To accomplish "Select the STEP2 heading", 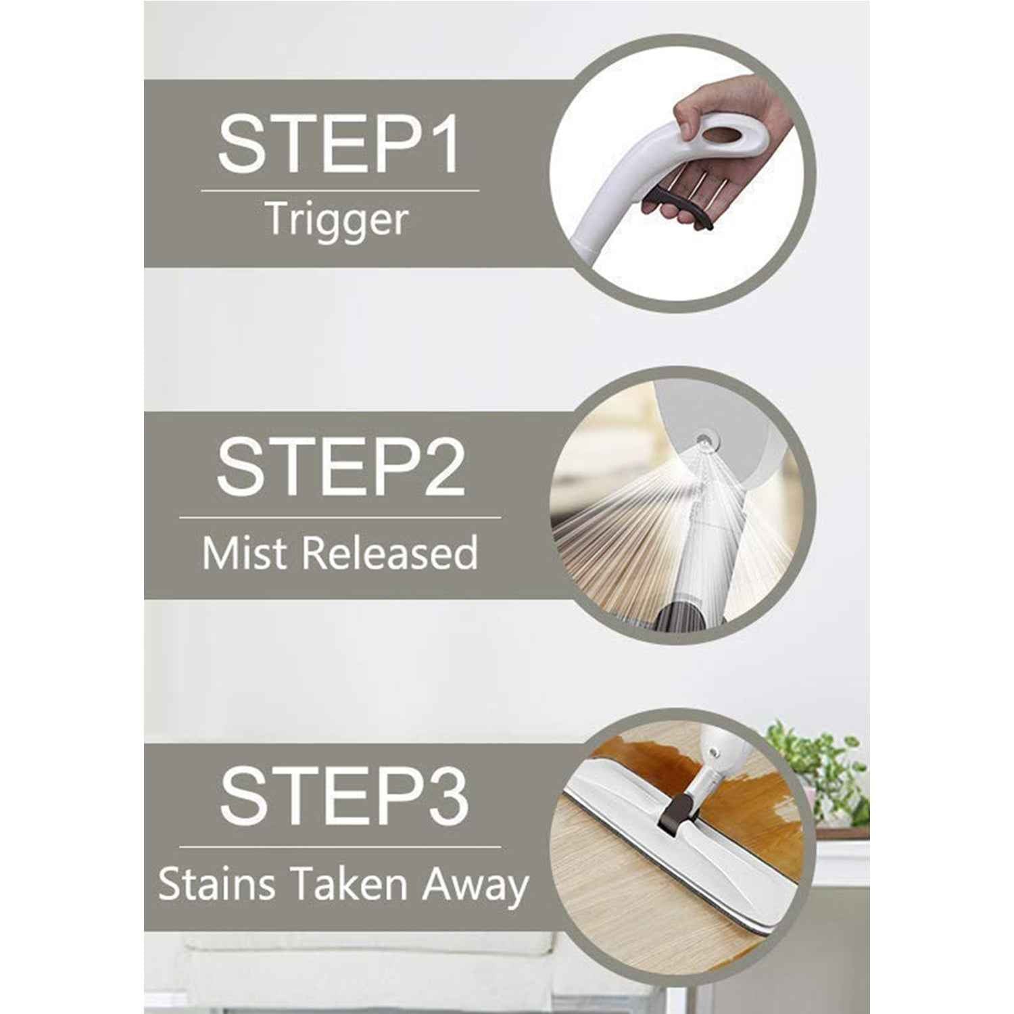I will (x=340, y=466).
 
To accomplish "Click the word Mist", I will (x=246, y=553).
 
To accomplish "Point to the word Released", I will (x=390, y=553).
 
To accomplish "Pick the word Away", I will (x=475, y=886).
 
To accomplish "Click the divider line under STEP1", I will (x=339, y=191).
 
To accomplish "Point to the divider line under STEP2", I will (x=340, y=518).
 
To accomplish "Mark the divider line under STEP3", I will (x=340, y=846).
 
